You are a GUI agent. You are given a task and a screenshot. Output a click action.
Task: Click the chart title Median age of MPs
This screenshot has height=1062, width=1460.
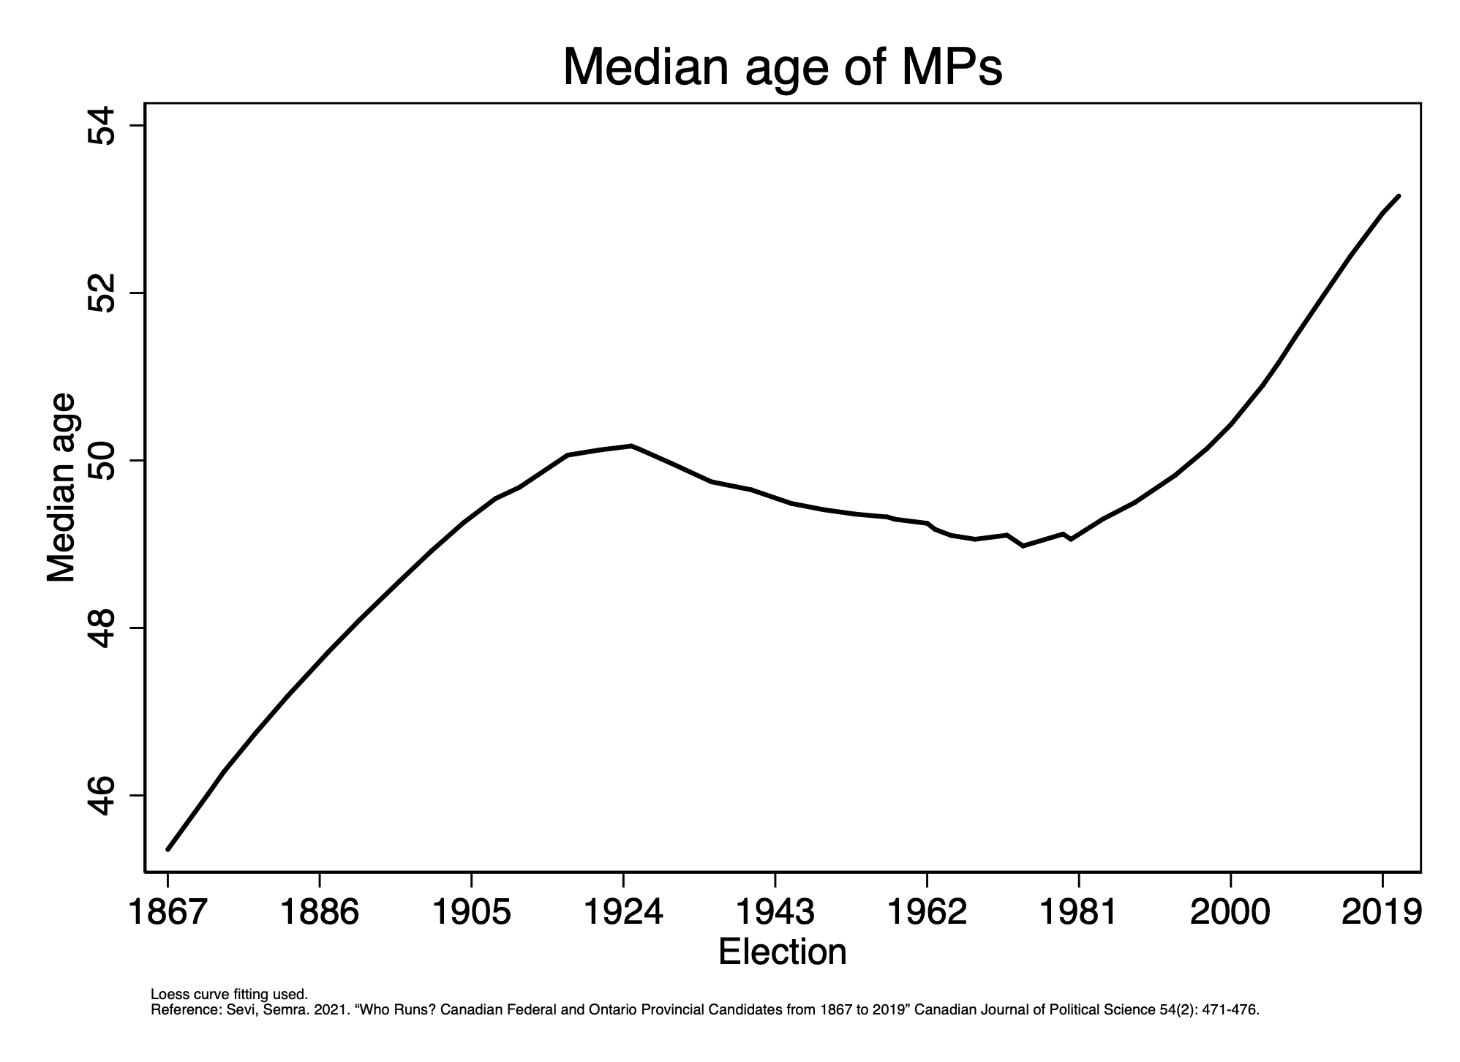(x=782, y=67)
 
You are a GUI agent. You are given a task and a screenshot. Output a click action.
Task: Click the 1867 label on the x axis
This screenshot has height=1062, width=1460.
(x=168, y=912)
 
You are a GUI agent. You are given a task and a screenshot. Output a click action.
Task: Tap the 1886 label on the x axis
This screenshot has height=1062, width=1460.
(x=320, y=912)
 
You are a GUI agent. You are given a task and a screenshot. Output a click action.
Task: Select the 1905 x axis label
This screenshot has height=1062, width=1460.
(x=471, y=912)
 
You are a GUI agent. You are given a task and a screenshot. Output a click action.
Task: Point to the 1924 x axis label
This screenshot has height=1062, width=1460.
(x=623, y=912)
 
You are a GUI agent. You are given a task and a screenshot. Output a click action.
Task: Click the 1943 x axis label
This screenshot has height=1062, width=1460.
(x=775, y=912)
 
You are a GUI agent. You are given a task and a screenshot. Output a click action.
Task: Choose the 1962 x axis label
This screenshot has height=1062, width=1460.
(x=927, y=912)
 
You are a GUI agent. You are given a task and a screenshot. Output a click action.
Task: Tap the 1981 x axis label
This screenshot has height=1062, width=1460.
(x=1078, y=912)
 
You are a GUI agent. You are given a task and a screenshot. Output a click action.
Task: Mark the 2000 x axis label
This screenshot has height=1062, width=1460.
(x=1230, y=912)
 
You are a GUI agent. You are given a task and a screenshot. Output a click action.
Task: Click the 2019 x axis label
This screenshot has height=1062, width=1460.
(x=1382, y=912)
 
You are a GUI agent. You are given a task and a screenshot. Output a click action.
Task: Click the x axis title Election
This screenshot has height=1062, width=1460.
(x=782, y=952)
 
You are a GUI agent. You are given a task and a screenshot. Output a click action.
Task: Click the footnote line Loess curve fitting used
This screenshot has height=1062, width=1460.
(x=229, y=995)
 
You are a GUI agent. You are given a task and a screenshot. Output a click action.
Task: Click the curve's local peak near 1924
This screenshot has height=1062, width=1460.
(x=631, y=445)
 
